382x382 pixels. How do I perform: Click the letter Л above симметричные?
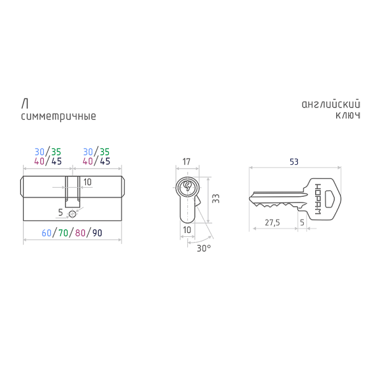click(24, 104)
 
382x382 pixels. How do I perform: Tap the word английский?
click(331, 104)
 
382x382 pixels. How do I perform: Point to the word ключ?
click(348, 116)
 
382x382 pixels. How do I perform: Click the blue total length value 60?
click(46, 232)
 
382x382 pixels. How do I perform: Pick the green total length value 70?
click(63, 232)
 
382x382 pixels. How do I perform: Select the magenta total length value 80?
click(80, 232)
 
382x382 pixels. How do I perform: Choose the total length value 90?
click(97, 232)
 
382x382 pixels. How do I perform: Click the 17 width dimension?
click(187, 162)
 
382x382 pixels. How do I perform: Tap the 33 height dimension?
click(215, 199)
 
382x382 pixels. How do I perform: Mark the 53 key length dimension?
click(294, 162)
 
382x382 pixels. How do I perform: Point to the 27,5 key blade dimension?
click(273, 223)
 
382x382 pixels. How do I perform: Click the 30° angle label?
click(204, 248)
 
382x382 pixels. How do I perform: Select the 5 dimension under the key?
click(302, 223)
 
